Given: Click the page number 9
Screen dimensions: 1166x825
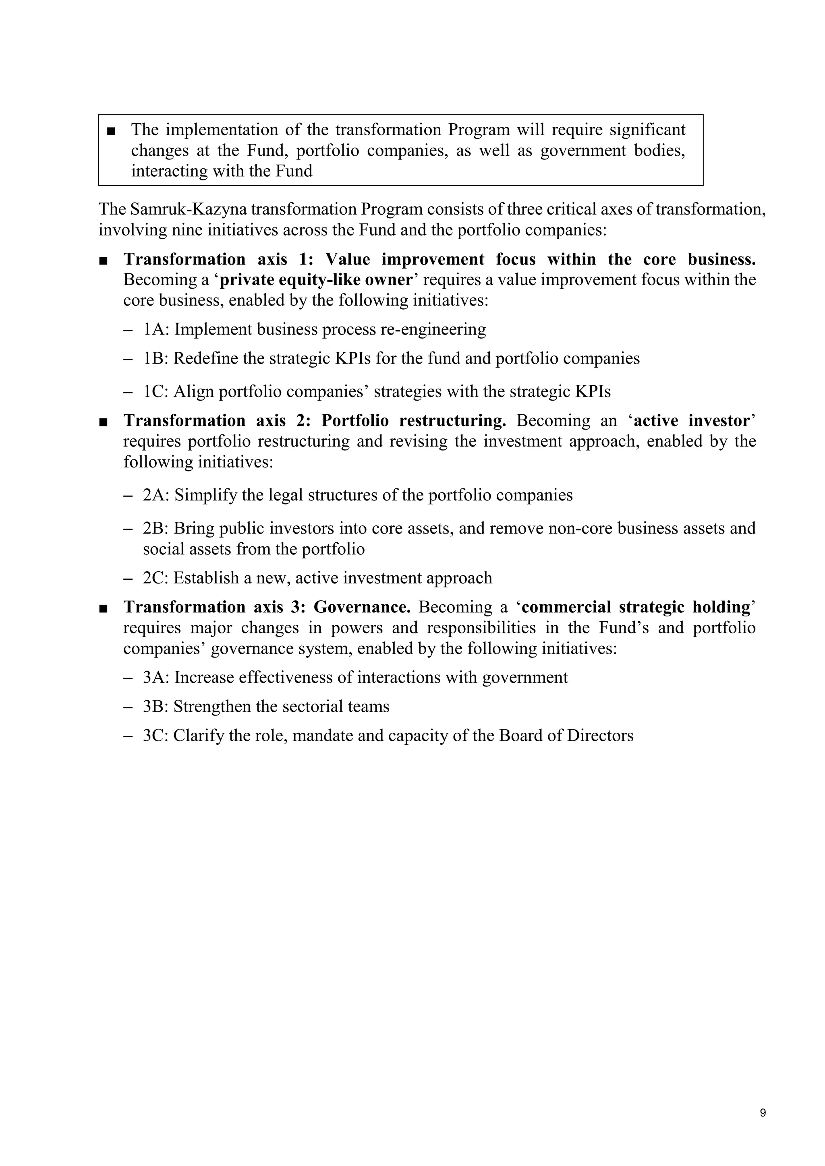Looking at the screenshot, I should [x=763, y=1113].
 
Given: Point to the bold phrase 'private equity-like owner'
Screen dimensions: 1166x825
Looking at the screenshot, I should [x=315, y=280].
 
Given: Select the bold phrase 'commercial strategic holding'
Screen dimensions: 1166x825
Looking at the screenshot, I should [x=636, y=608].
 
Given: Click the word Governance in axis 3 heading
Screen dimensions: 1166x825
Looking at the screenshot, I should [x=362, y=608].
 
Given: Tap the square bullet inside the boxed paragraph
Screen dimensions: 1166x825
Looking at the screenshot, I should [x=111, y=131].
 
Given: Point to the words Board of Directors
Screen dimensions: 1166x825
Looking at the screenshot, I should [x=566, y=736].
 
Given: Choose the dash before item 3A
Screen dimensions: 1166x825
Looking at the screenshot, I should [x=128, y=678].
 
